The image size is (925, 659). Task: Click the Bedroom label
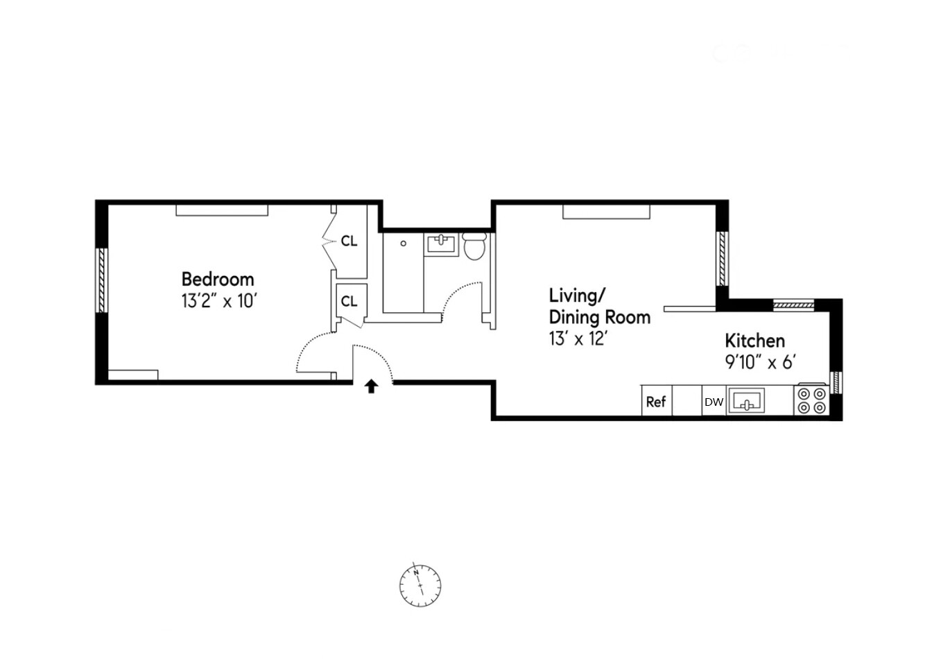[218, 280]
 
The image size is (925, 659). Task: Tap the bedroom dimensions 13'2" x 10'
[220, 302]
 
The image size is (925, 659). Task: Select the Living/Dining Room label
[599, 306]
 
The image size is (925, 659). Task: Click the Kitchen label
[754, 341]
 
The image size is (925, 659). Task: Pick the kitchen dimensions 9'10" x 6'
[760, 362]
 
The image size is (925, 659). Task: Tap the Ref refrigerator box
[656, 402]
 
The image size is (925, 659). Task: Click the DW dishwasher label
[714, 402]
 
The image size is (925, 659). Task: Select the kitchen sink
[746, 401]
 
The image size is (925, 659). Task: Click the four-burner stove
[811, 400]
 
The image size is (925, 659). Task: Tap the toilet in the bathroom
[475, 247]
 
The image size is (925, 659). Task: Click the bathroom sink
[441, 244]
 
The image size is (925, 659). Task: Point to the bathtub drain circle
[404, 243]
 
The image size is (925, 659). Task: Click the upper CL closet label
[349, 241]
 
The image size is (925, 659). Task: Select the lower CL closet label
[349, 301]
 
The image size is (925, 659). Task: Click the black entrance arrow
[372, 386]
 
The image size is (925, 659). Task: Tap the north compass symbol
[420, 585]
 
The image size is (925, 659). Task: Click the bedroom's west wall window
[102, 280]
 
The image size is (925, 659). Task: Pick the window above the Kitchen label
[793, 305]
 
